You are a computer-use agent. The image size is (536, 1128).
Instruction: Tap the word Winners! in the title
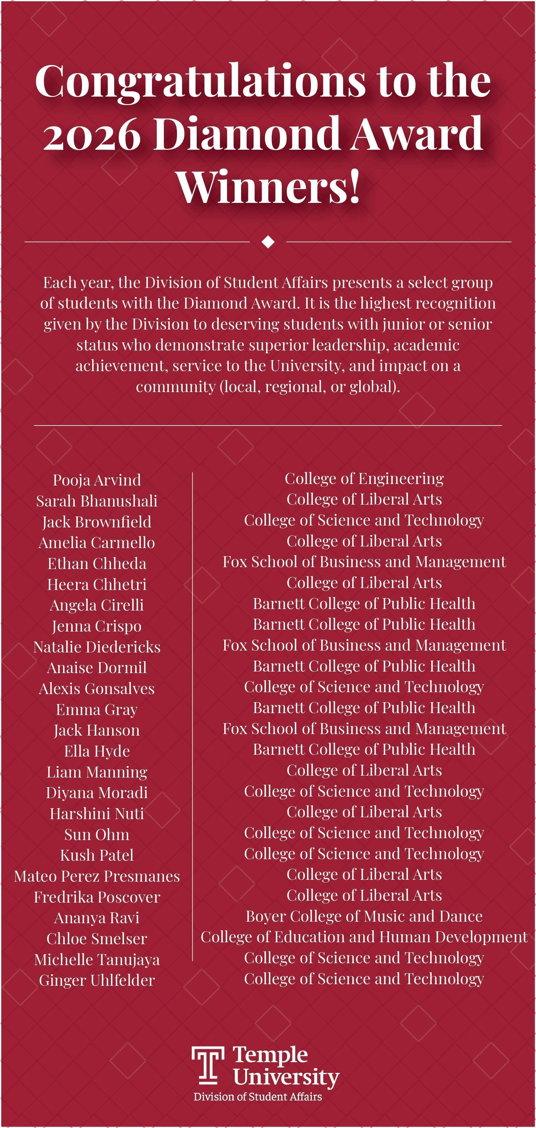click(268, 187)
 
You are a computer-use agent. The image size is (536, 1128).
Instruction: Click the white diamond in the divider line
click(268, 241)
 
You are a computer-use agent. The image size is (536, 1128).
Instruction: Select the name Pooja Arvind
click(97, 480)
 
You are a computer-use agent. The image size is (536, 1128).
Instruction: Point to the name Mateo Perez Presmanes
click(97, 876)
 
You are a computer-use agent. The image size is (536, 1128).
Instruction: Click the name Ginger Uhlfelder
click(97, 980)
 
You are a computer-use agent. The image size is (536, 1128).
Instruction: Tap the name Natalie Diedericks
click(97, 647)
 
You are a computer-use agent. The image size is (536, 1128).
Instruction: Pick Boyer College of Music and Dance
click(364, 916)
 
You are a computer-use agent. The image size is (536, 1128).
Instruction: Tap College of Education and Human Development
click(364, 937)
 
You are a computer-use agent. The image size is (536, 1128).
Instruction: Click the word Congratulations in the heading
click(199, 81)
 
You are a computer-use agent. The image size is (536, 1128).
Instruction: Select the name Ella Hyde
click(97, 751)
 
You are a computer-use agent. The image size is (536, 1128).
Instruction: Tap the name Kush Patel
click(97, 855)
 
